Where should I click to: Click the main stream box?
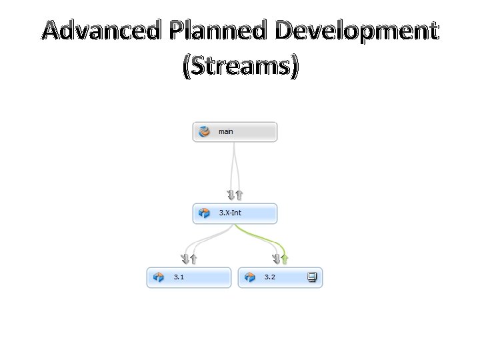pos(235,132)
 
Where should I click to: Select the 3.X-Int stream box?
pos(235,214)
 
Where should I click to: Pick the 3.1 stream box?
pos(189,277)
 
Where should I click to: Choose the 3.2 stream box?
pos(280,277)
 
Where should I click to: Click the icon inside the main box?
pos(205,132)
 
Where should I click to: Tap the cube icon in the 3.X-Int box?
pos(205,214)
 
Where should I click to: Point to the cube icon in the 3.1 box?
pos(159,277)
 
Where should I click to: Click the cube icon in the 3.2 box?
pos(250,277)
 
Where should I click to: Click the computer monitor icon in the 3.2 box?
pos(311,277)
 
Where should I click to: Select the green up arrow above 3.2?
pos(285,258)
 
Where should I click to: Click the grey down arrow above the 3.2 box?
pos(277,258)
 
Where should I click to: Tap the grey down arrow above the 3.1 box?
pos(185,258)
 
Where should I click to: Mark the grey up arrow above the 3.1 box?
pos(193,258)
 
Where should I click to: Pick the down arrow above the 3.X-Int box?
pos(231,195)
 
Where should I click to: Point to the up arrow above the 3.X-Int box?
pos(239,195)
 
